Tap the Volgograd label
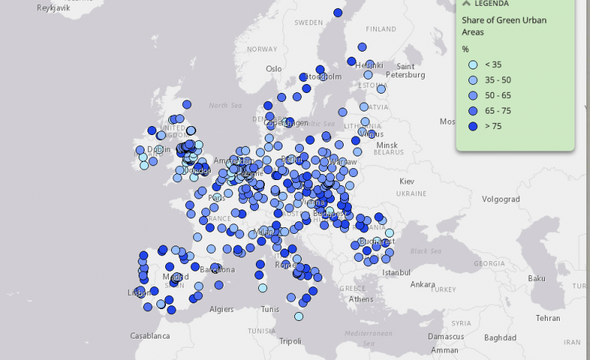coord(502,198)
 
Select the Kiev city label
coord(407,181)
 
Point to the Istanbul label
coord(397,272)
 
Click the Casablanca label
coord(150,336)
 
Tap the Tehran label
coord(548,318)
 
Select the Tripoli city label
coord(291,341)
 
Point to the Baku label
coord(535,278)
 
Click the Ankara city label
coord(423,284)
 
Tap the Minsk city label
coord(386,145)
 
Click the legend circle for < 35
coord(473,64)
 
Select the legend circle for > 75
coord(473,126)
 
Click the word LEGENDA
coord(492,3)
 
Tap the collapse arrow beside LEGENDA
coord(466,3)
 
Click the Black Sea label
coord(425,251)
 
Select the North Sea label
coord(225,105)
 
